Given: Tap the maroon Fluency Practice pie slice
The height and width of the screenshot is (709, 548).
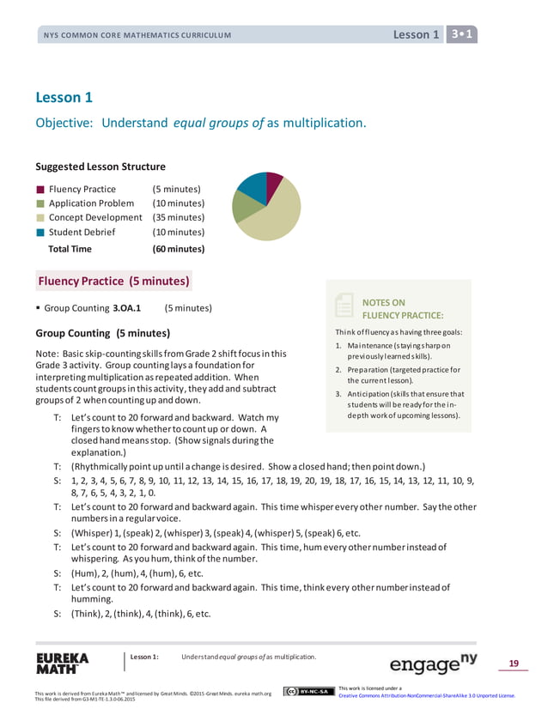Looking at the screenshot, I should pyautogui.click(x=273, y=183).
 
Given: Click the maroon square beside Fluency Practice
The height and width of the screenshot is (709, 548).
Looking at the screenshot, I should pyautogui.click(x=40, y=189).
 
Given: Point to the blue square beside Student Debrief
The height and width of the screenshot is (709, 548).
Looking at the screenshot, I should pyautogui.click(x=40, y=232).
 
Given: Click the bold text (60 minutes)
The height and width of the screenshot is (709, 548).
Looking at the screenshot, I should pyautogui.click(x=178, y=249).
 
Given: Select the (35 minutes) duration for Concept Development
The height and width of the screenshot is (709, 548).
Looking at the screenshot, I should pyautogui.click(x=178, y=217).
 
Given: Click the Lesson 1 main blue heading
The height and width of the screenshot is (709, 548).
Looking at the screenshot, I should pyautogui.click(x=64, y=97).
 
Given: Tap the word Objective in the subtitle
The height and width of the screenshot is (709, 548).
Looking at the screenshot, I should pyautogui.click(x=63, y=123).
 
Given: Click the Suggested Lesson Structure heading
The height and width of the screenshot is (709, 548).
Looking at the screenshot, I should pyautogui.click(x=100, y=167).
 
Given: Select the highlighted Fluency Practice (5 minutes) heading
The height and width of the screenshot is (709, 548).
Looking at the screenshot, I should pyautogui.click(x=113, y=282).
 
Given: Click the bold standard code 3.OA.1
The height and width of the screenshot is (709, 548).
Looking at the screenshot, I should pyautogui.click(x=127, y=307).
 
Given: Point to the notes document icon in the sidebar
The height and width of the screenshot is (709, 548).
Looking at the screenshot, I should pyautogui.click(x=344, y=306).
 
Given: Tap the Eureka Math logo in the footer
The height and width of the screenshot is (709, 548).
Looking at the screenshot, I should pyautogui.click(x=62, y=665).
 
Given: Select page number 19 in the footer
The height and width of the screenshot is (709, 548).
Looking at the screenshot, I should pyautogui.click(x=514, y=663).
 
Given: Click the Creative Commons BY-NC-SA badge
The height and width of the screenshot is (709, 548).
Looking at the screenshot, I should pyautogui.click(x=307, y=691).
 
